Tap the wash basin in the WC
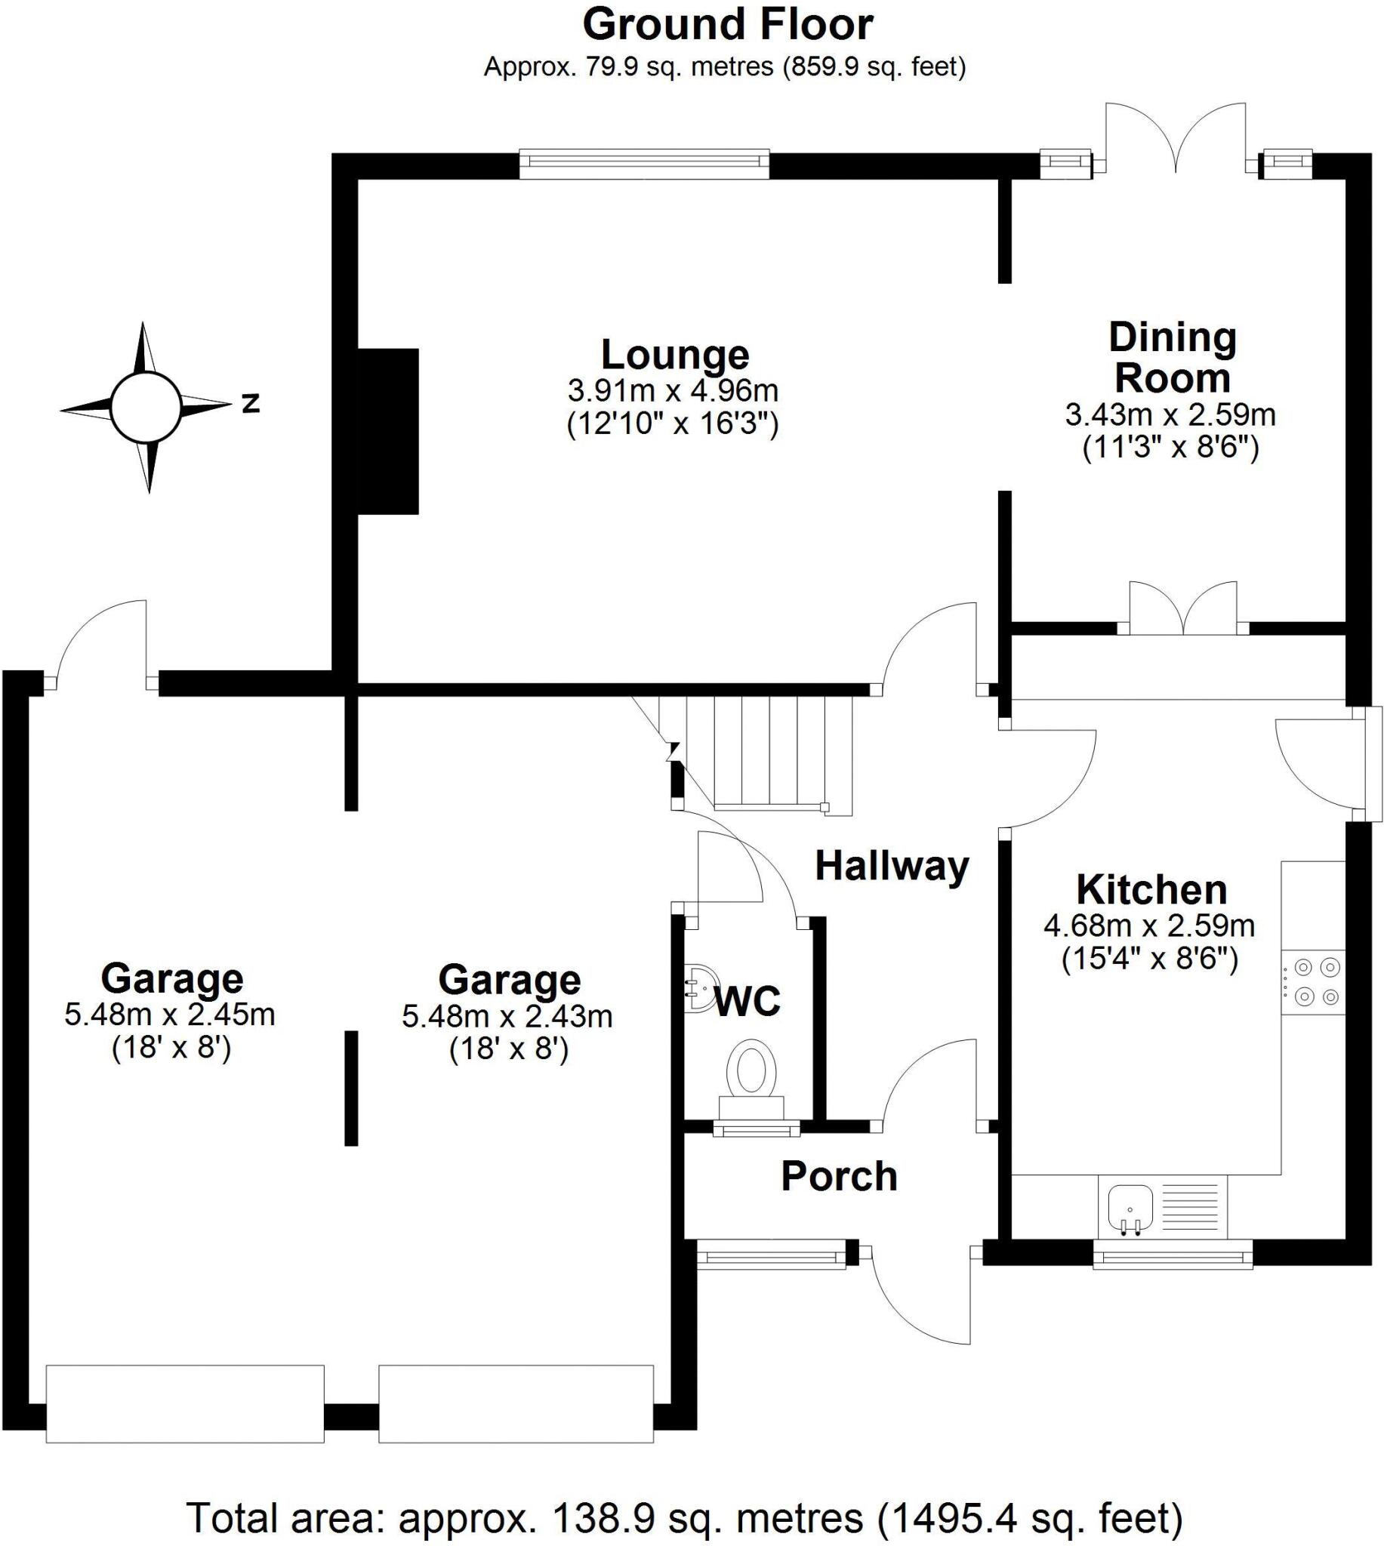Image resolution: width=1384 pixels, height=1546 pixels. click(x=698, y=989)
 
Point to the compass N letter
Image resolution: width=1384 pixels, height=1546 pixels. click(x=251, y=404)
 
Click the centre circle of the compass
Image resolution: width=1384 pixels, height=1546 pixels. click(x=146, y=408)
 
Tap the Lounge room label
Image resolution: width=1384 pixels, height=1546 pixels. click(x=674, y=355)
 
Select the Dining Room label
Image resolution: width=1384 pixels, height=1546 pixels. click(x=1172, y=357)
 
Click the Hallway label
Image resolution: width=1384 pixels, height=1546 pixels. click(x=891, y=866)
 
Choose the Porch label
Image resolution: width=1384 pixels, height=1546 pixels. click(x=839, y=1177)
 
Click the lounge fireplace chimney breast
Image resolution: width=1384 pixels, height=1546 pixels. click(x=388, y=431)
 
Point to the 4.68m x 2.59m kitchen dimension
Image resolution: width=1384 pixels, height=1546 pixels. click(x=1149, y=925)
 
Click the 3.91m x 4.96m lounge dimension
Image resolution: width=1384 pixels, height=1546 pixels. click(x=673, y=391)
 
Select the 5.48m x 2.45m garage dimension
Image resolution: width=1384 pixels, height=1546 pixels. click(x=170, y=1015)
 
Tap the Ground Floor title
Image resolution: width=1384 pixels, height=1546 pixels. click(x=727, y=25)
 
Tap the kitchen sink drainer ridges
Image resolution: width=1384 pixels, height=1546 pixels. click(x=1192, y=1207)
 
